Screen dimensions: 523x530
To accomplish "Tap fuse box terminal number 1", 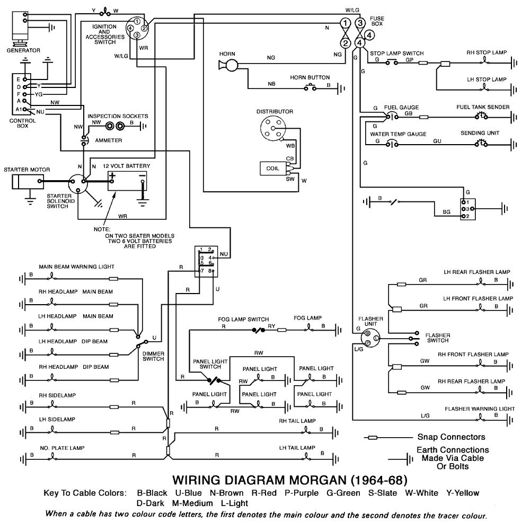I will pos(345,23).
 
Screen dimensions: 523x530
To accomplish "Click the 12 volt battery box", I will pos(128,180).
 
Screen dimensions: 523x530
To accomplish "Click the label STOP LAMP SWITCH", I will pos(396,54).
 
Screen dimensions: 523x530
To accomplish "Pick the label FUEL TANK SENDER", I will pos(483,107).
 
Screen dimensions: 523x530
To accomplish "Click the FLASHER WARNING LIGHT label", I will pos(480,409).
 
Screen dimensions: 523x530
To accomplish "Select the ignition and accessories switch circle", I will pos(137,28).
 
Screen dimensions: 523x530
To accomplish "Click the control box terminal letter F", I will pos(18,93).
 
